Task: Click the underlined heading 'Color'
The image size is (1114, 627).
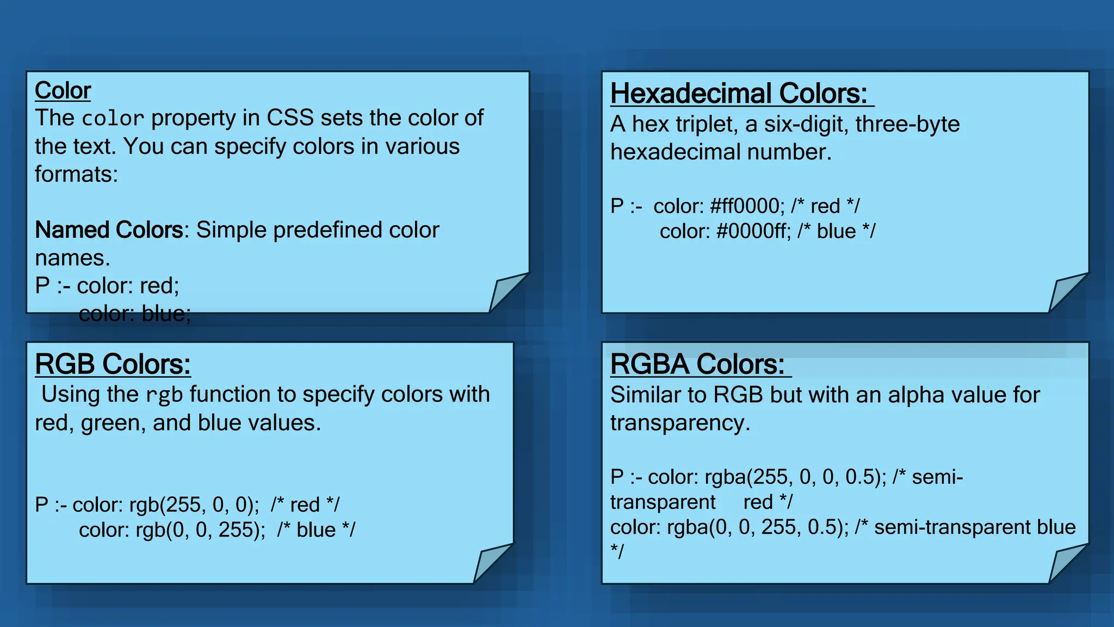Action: (x=63, y=90)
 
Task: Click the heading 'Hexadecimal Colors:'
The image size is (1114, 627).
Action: (x=739, y=94)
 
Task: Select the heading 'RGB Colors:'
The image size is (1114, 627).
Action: (x=113, y=364)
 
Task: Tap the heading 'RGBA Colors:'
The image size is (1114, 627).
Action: (x=697, y=364)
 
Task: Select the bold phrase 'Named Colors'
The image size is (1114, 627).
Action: (x=109, y=230)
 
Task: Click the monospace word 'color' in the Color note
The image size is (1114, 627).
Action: (x=113, y=119)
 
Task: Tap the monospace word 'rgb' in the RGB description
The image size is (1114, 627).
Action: (x=164, y=395)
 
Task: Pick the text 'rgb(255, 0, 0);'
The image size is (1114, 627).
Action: (x=194, y=505)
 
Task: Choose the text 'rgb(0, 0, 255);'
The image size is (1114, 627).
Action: (x=200, y=530)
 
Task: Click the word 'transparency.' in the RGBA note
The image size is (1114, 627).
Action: (x=680, y=423)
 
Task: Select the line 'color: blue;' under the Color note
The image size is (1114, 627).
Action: (x=135, y=314)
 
